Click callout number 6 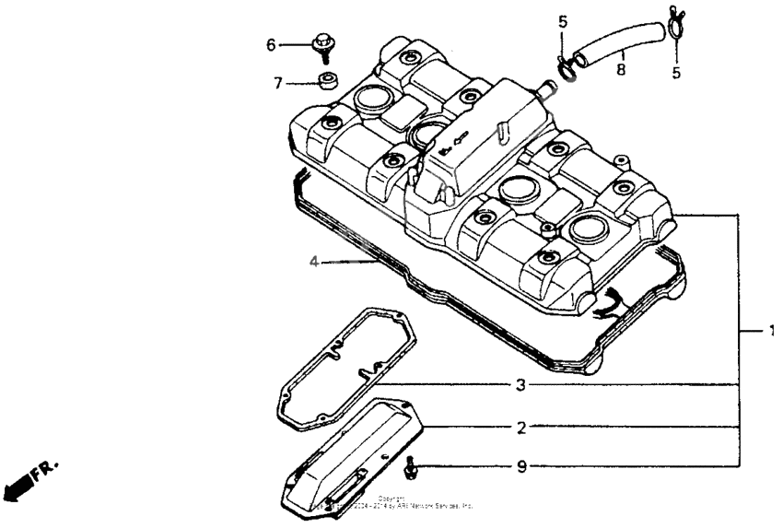[x=272, y=44]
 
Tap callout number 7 [x=276, y=83]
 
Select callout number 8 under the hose [x=621, y=68]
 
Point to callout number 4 [x=314, y=262]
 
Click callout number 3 [x=520, y=385]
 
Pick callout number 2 [x=520, y=428]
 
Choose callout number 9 [x=520, y=467]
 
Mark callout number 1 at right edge [x=772, y=330]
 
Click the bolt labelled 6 [x=322, y=43]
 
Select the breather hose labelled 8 [x=612, y=45]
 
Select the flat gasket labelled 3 [x=345, y=369]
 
